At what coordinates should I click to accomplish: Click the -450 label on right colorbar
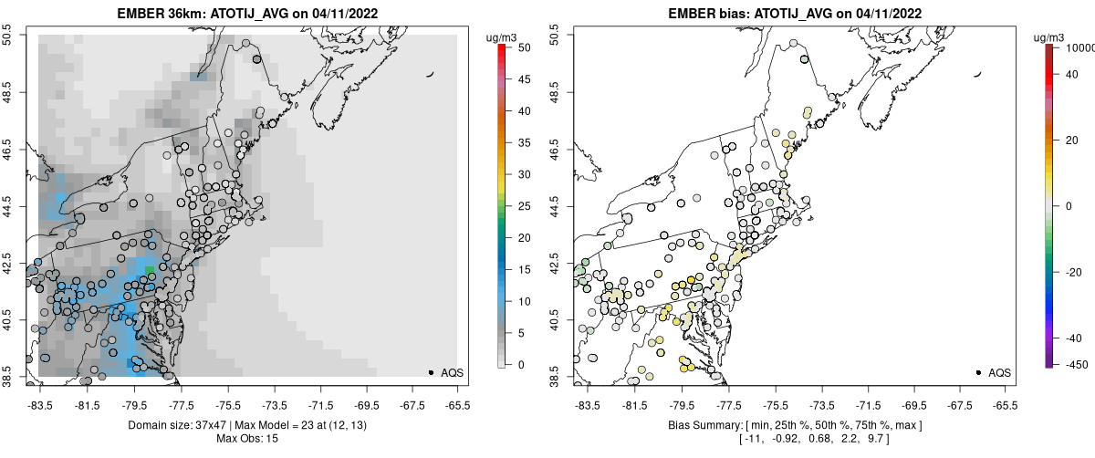1072,364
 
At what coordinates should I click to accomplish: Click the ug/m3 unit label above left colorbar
505,36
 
